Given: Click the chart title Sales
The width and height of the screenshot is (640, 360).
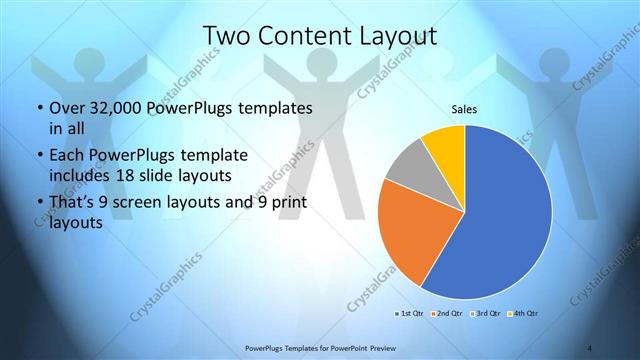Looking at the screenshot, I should (x=464, y=107).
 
